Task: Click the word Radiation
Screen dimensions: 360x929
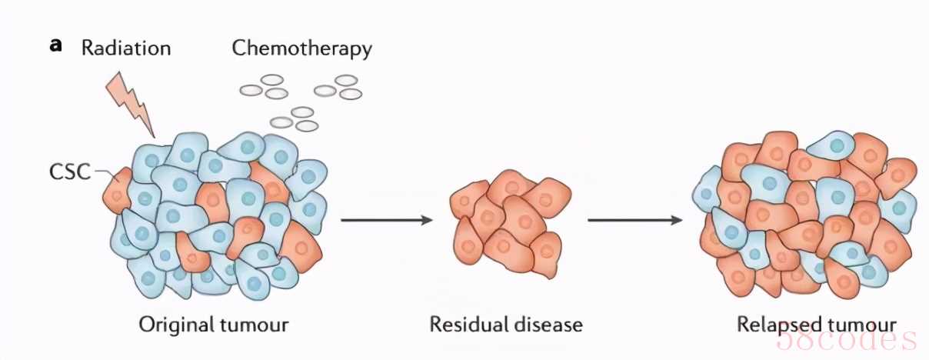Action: tap(126, 48)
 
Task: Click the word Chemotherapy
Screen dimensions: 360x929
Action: tap(301, 48)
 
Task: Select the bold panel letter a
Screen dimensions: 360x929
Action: tap(55, 45)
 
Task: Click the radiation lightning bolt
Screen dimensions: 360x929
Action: tap(135, 104)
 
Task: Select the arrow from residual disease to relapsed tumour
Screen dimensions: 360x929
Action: tap(635, 221)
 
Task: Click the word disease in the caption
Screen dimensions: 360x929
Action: tap(547, 324)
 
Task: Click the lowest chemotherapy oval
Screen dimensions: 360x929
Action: tap(307, 125)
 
